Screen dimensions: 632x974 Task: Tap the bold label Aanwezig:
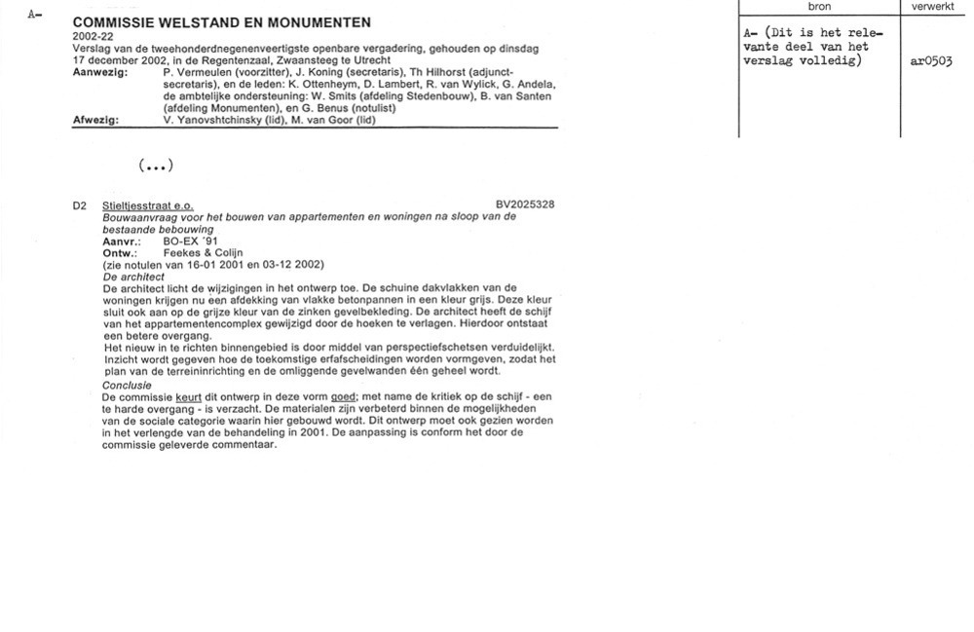click(x=100, y=72)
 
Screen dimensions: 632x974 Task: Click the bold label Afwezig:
click(x=96, y=120)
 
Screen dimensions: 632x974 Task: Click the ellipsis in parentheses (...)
click(x=156, y=166)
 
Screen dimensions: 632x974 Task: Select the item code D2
click(x=80, y=205)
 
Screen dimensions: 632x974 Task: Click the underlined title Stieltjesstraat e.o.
click(x=147, y=205)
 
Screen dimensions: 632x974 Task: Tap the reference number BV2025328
click(x=525, y=204)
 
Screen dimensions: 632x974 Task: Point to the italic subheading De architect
click(x=133, y=277)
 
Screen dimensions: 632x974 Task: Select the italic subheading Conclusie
click(x=126, y=386)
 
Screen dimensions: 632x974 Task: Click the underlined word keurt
click(x=188, y=398)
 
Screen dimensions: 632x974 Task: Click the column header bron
click(x=820, y=7)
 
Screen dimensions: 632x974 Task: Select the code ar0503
click(x=930, y=60)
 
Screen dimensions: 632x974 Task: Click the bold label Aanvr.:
click(x=122, y=241)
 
